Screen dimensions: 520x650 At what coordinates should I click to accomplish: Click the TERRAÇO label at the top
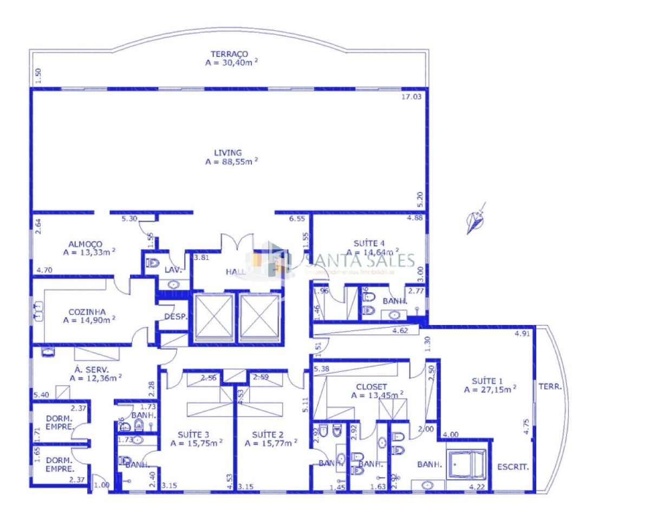click(x=230, y=54)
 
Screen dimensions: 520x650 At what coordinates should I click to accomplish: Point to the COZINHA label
click(x=87, y=312)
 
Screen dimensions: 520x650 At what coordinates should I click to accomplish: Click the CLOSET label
click(x=371, y=387)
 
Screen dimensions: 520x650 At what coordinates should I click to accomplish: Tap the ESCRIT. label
click(x=513, y=466)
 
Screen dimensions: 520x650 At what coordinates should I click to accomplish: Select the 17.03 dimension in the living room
click(x=411, y=97)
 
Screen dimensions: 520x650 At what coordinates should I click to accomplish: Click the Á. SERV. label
click(x=86, y=369)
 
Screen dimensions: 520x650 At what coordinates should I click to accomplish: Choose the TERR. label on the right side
click(x=550, y=387)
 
